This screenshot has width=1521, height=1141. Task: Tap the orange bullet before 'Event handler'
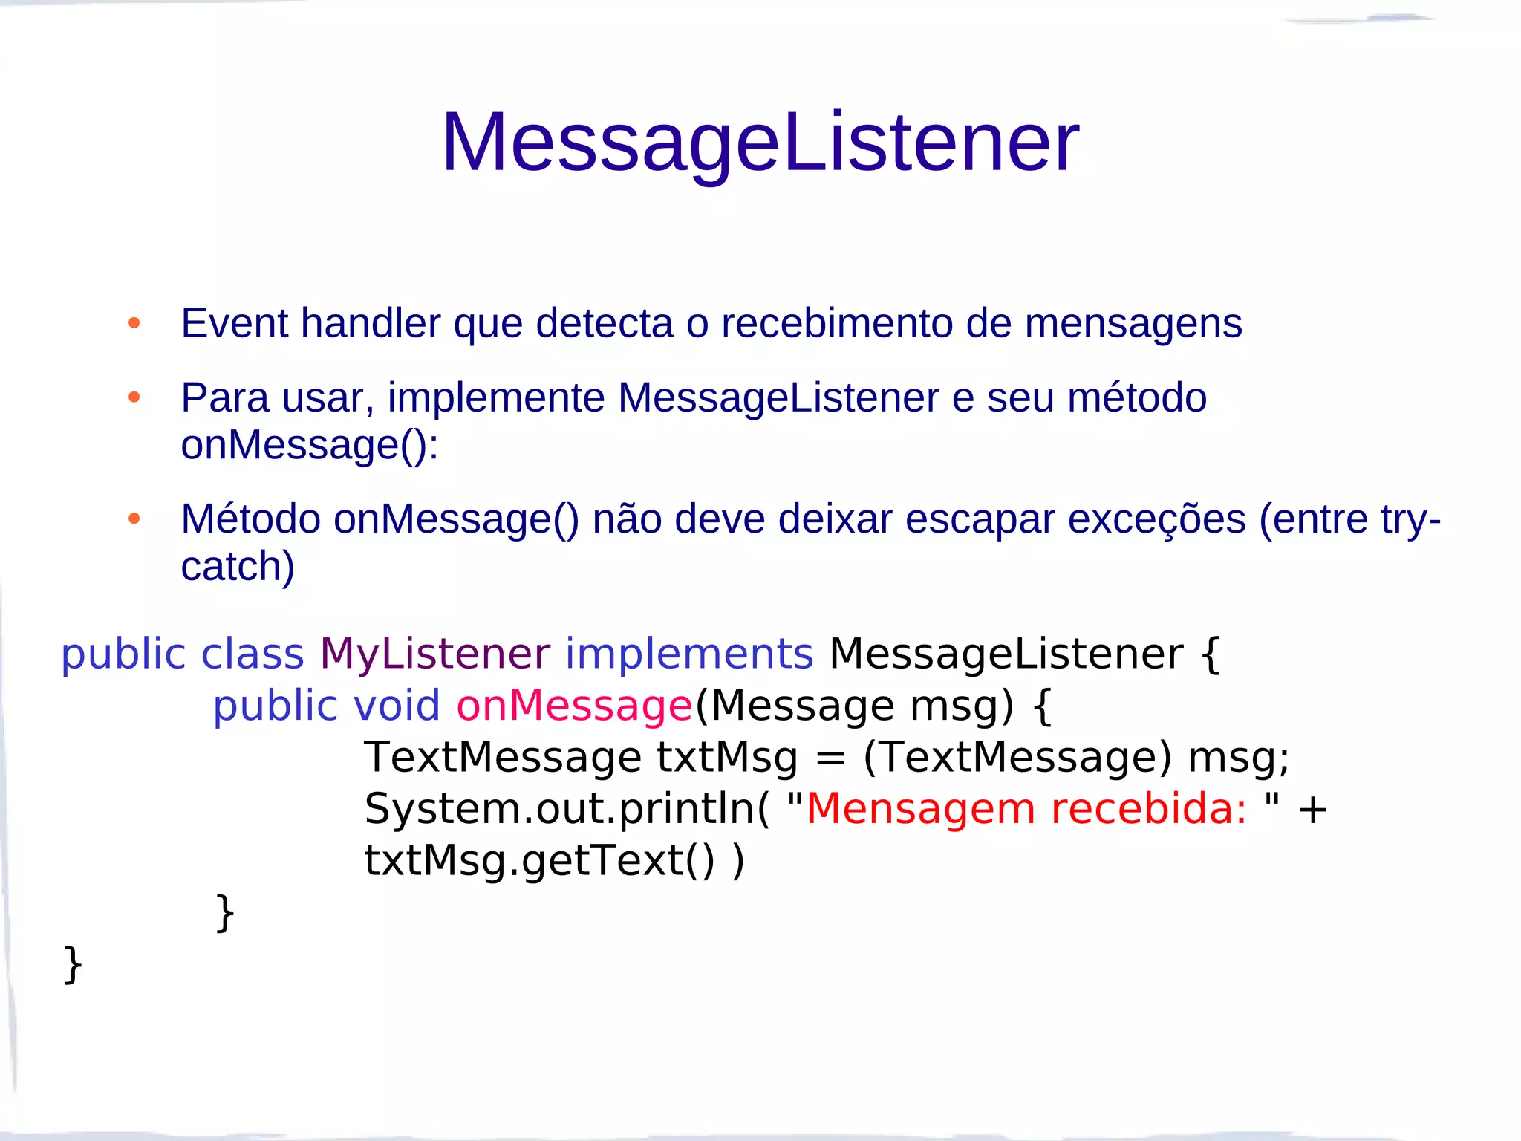click(x=134, y=323)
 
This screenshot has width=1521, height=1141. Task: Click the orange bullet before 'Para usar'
click(x=134, y=397)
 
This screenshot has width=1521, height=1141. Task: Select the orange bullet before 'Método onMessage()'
click(x=134, y=519)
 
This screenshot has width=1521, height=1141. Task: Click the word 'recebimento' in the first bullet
click(x=837, y=323)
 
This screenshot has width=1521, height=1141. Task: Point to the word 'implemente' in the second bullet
click(x=496, y=397)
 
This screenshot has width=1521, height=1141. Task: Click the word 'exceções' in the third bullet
click(x=1156, y=519)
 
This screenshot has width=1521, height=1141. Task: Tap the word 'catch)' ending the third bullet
click(x=238, y=566)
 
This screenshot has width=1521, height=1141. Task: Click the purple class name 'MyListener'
click(x=435, y=654)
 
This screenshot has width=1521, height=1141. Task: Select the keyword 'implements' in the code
click(x=689, y=654)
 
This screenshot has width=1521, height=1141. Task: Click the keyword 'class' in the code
click(x=253, y=654)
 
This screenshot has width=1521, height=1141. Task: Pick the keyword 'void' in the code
click(x=397, y=705)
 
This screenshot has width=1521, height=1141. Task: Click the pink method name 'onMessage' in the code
click(x=574, y=705)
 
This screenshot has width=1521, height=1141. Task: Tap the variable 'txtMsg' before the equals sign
click(x=727, y=757)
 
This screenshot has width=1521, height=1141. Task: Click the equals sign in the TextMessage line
click(x=830, y=758)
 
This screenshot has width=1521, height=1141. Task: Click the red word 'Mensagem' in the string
click(x=920, y=810)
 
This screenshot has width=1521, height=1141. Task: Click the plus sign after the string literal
click(x=1312, y=810)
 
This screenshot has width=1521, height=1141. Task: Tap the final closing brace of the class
click(x=73, y=964)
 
